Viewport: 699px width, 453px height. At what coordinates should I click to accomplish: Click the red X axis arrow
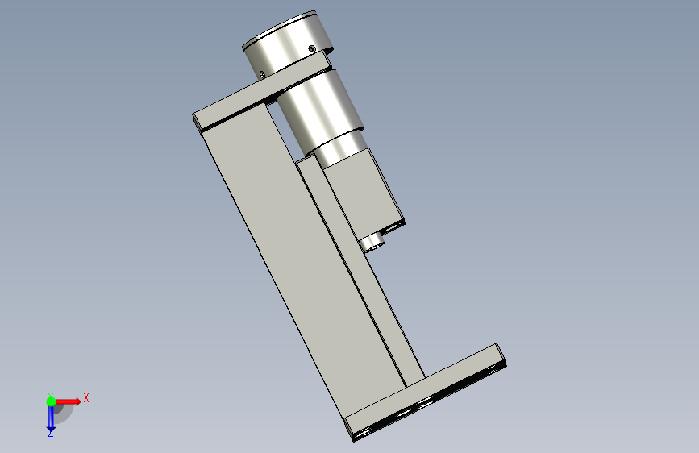tap(68, 401)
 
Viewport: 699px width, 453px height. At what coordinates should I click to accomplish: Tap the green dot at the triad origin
tap(51, 401)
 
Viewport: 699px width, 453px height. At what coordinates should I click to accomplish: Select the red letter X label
tap(86, 397)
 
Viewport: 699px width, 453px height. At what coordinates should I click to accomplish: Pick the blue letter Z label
tap(51, 433)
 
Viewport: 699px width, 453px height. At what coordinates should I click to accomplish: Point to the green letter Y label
tap(51, 395)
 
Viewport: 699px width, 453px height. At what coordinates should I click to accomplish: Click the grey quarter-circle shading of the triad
tap(64, 414)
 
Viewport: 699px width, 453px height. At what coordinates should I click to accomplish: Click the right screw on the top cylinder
tap(312, 48)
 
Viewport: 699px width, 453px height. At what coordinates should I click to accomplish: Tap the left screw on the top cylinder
tap(262, 74)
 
